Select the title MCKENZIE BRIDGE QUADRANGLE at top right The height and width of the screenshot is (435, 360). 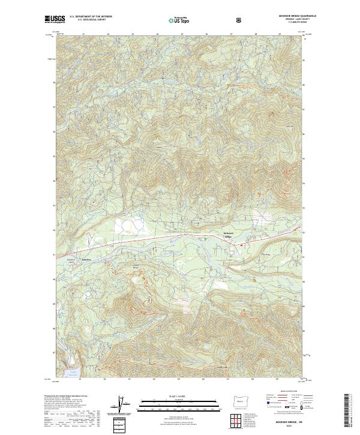pyautogui.click(x=289, y=16)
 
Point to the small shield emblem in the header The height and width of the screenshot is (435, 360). pyautogui.click(x=241, y=20)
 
